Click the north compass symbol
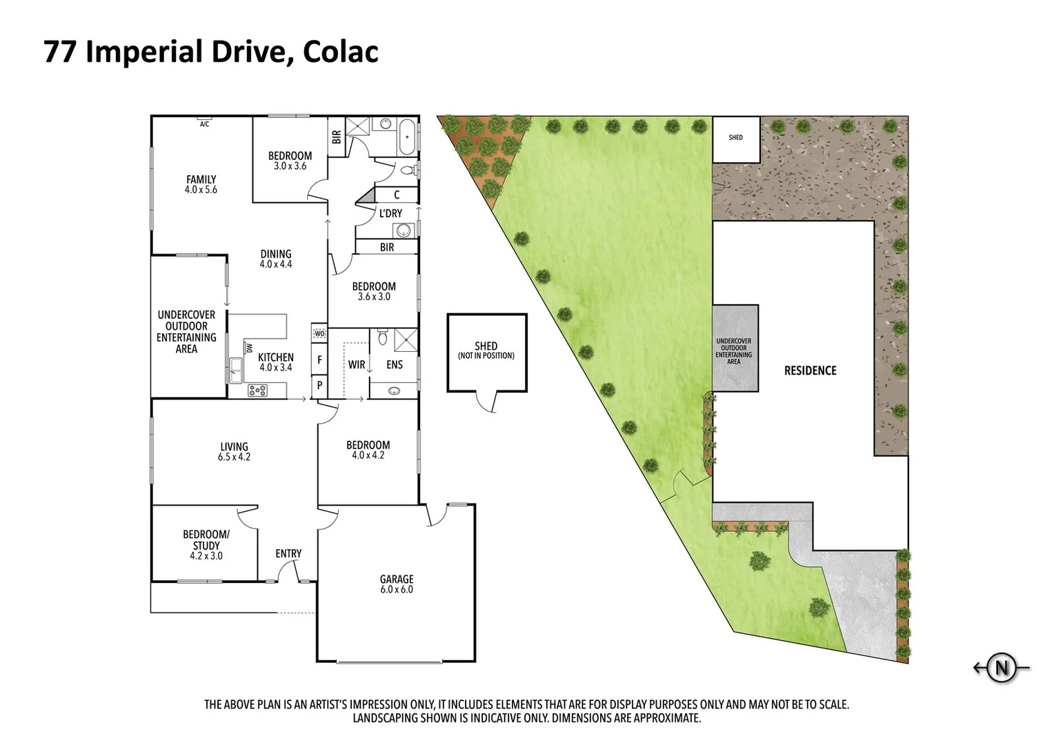(1002, 668)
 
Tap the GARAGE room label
(397, 584)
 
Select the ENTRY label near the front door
(288, 553)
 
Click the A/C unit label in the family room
(204, 124)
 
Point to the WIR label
(356, 364)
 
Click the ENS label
(394, 364)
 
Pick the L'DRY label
(390, 213)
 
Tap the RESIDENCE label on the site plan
(810, 370)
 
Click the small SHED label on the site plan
(736, 137)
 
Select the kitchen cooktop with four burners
(257, 390)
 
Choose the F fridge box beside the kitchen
(319, 359)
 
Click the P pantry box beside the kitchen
(319, 386)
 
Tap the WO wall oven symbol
(319, 334)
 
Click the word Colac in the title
(339, 52)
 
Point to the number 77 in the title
(60, 52)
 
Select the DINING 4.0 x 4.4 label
(276, 259)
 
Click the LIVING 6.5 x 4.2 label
(234, 451)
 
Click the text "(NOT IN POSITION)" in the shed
(486, 356)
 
